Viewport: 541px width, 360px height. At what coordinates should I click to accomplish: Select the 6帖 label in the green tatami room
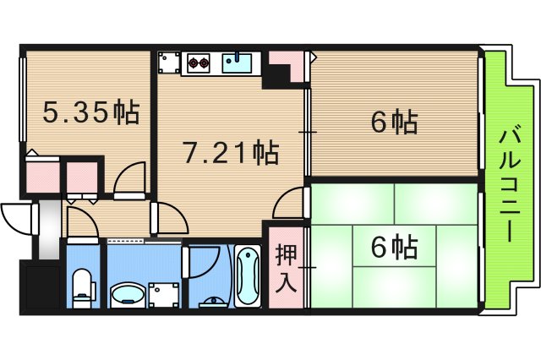394,248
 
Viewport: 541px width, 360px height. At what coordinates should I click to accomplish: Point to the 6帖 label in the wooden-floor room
394,123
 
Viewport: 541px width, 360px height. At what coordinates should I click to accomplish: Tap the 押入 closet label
287,268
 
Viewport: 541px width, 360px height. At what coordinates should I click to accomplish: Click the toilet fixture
83,286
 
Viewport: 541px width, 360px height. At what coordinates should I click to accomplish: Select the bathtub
248,276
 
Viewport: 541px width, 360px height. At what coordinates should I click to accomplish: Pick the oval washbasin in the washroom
127,293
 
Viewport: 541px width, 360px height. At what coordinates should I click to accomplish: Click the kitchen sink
238,62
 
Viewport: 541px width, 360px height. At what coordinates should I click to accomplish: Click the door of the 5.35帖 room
128,180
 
